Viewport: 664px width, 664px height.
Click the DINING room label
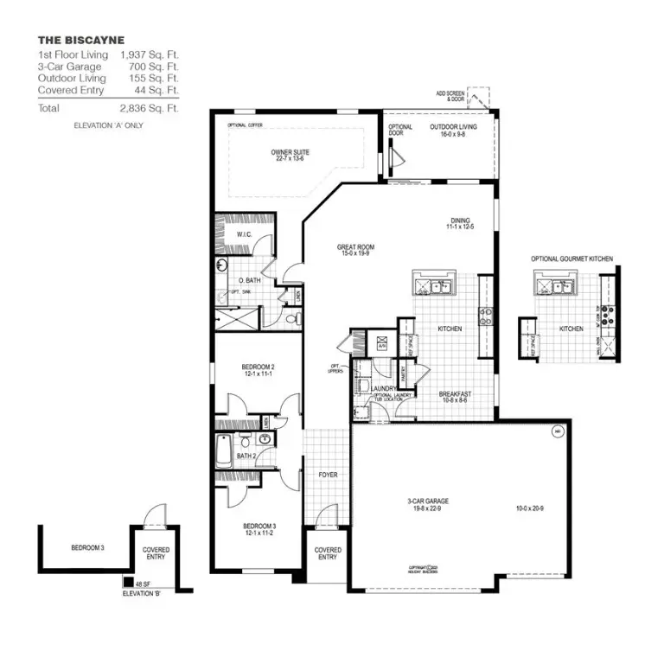pos(461,222)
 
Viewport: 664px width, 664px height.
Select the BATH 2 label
pos(246,456)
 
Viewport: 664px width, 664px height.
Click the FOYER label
pos(328,475)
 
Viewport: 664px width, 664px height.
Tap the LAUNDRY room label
pos(383,389)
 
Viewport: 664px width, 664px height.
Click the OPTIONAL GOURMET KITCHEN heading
pos(573,259)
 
